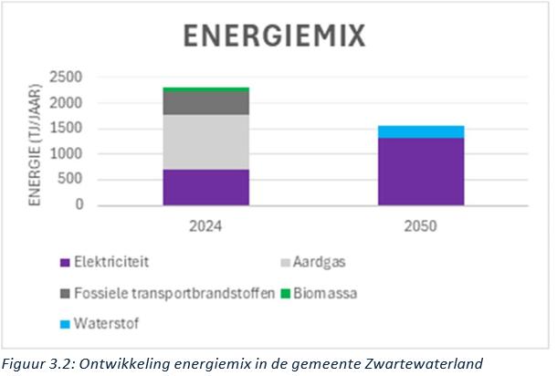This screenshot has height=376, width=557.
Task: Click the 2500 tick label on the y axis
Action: [x=67, y=76]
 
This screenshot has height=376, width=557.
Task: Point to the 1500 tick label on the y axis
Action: [x=67, y=128]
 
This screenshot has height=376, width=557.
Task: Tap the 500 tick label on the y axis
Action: [x=70, y=180]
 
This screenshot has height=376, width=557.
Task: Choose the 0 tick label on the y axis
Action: [x=79, y=205]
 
